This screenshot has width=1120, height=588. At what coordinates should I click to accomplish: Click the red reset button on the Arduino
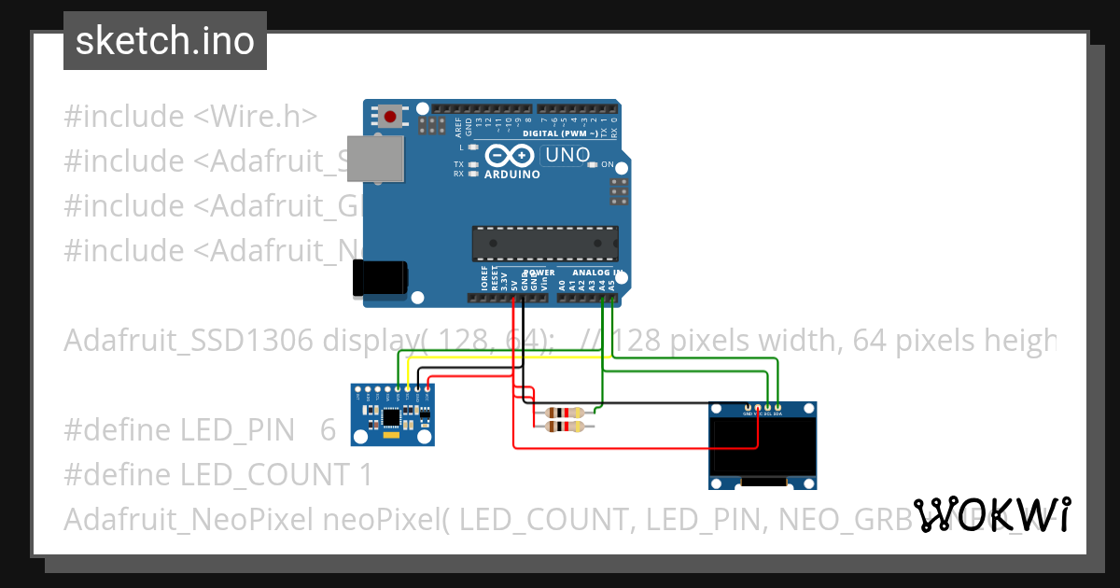pos(389,117)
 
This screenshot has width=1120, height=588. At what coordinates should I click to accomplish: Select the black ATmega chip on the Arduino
pos(544,243)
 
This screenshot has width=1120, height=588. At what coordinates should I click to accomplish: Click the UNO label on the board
pos(567,155)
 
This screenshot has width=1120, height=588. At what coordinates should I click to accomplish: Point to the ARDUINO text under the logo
pos(511,175)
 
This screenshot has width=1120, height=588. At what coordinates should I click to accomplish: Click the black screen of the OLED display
pos(763,447)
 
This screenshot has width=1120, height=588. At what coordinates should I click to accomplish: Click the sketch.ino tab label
pos(164,41)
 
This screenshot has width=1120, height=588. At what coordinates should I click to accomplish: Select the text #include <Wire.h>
pos(190,117)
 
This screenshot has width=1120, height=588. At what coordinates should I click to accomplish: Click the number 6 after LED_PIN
pos(328,430)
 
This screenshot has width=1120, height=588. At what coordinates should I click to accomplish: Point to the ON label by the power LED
pos(608,164)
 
